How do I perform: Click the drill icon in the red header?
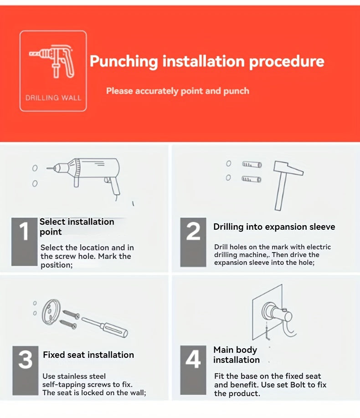point(52,62)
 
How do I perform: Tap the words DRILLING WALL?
point(53,98)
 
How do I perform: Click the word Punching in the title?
point(124,62)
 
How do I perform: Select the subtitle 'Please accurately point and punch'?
point(178,91)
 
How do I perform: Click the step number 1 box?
point(24,242)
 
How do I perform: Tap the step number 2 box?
point(193,242)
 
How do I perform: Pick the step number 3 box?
point(26,371)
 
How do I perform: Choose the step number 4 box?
point(193,370)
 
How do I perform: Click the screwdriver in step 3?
point(105,327)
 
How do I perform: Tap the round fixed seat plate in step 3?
point(51,312)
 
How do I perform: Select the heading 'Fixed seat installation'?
point(88,355)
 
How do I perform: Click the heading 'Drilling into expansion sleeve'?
point(274,227)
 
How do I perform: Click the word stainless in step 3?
point(73,376)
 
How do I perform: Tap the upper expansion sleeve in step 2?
point(252,164)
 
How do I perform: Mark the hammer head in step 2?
point(288,168)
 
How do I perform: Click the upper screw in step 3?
point(71,315)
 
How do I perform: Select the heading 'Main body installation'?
point(237,355)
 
